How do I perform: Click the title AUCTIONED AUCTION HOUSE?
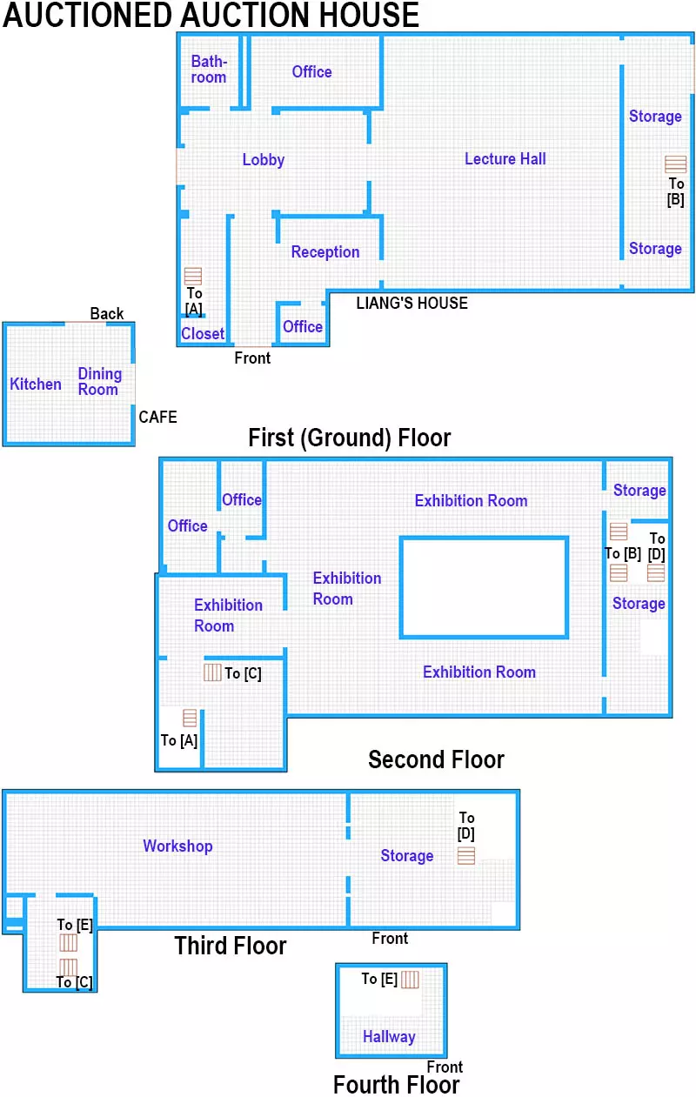[x=211, y=15]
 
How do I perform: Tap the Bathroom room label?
[x=209, y=70]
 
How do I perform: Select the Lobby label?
[x=264, y=160]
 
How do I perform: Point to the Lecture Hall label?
[x=505, y=158]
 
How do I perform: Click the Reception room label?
[x=325, y=252]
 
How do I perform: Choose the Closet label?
[x=203, y=333]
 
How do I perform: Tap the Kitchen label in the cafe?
[x=36, y=385]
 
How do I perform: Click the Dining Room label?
[x=99, y=382]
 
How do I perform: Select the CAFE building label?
[x=157, y=418]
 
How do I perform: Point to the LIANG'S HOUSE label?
[x=412, y=304]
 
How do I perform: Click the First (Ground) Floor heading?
[x=349, y=437]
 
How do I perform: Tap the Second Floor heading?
[x=436, y=759]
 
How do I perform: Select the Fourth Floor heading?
[x=396, y=1085]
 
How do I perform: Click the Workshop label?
[x=177, y=846]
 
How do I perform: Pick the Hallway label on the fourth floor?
[x=389, y=1037]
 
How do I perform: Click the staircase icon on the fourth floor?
[x=410, y=980]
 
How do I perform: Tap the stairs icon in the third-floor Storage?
[x=467, y=856]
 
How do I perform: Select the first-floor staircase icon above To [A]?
[x=193, y=276]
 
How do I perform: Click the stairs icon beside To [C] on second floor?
[x=212, y=672]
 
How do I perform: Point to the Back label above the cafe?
[x=107, y=314]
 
